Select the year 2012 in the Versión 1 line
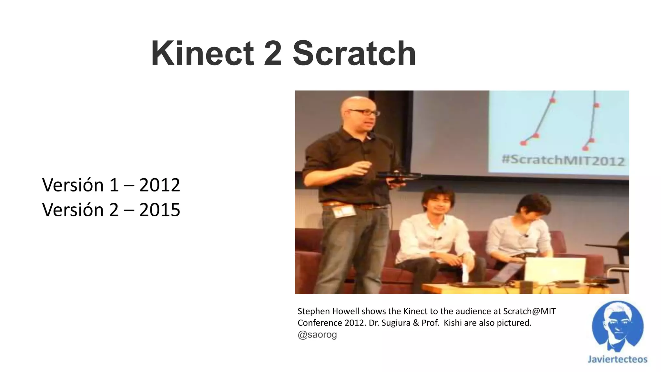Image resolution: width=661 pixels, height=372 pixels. pyautogui.click(x=159, y=185)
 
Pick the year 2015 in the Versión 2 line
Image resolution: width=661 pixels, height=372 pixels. pyautogui.click(x=159, y=210)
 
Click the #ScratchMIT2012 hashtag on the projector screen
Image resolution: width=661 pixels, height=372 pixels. pyautogui.click(x=563, y=160)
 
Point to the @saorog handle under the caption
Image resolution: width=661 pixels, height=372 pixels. pyautogui.click(x=317, y=335)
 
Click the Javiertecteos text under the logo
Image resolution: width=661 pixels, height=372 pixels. pyautogui.click(x=617, y=359)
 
